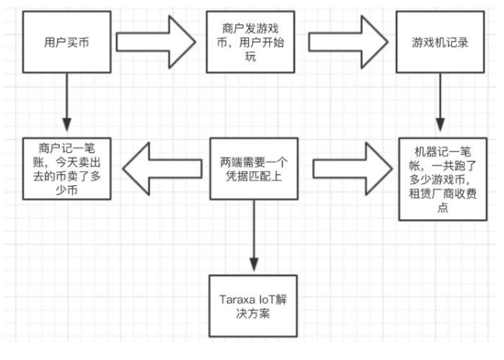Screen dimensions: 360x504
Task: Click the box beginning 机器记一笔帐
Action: pos(442,177)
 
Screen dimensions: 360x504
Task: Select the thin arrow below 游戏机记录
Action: pos(442,105)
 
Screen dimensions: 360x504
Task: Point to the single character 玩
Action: pos(254,58)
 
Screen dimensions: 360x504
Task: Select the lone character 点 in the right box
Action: pos(442,211)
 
